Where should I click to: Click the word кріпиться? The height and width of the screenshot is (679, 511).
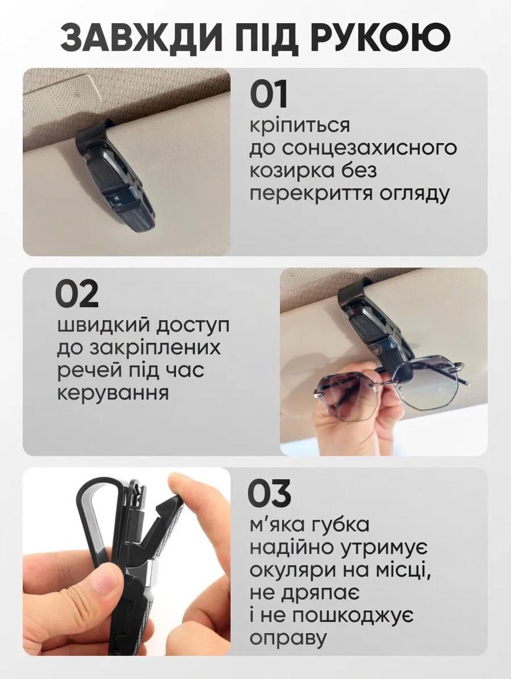[x=300, y=127]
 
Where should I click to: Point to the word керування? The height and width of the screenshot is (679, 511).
[x=113, y=393]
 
